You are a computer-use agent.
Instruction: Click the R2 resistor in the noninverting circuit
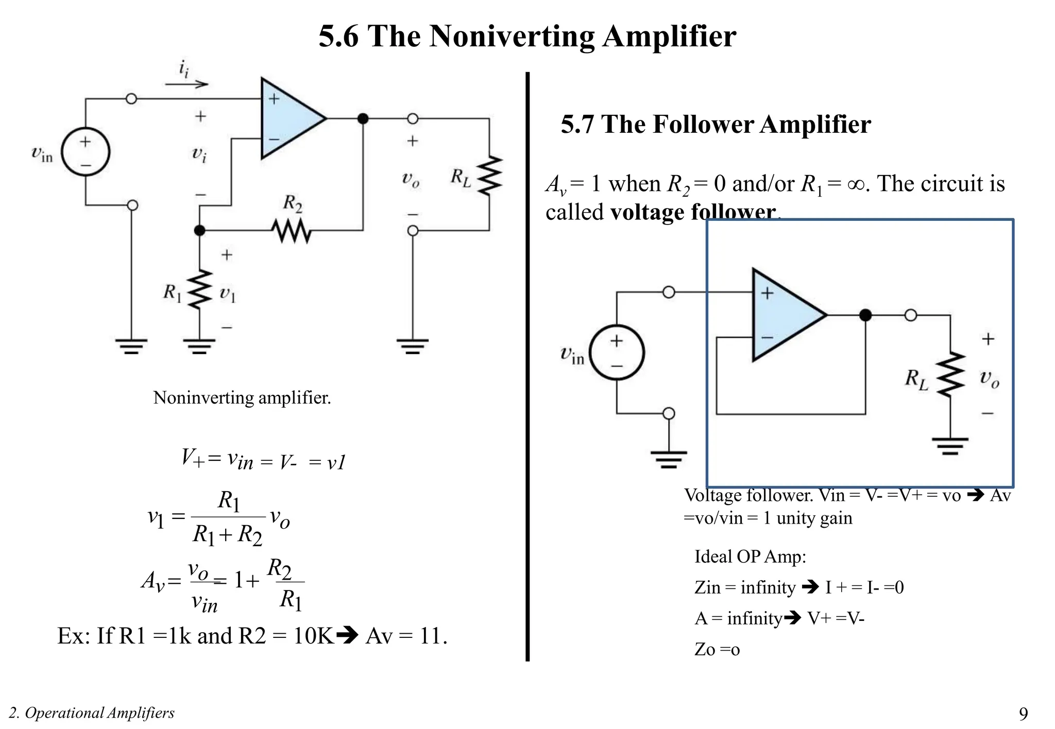pos(292,231)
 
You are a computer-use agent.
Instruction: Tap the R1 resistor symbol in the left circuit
pos(200,289)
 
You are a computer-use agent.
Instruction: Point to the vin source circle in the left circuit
pos(86,152)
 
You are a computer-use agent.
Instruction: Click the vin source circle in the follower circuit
pos(617,353)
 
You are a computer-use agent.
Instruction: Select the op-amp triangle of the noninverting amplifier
pos(288,118)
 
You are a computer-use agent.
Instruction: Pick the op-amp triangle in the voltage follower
pos(783,315)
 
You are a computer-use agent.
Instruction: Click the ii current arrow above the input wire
pos(186,84)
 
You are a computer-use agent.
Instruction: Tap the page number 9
pos(1023,714)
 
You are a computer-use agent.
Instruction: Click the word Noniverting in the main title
pos(512,36)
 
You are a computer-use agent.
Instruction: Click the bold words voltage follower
pos(692,212)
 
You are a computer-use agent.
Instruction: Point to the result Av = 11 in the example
pos(406,636)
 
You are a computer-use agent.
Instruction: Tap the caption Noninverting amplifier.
pos(242,397)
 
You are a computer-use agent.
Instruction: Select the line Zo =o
pos(717,649)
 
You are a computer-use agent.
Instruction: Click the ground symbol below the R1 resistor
pos(200,345)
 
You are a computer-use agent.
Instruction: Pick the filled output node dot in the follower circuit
pos(865,315)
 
